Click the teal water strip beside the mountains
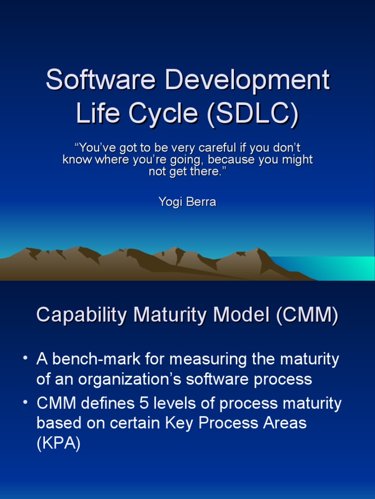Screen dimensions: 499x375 pos(337,267)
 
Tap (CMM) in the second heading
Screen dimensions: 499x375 pos(307,316)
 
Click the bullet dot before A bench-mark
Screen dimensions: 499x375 pos(25,360)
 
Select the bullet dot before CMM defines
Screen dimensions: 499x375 pos(25,403)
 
